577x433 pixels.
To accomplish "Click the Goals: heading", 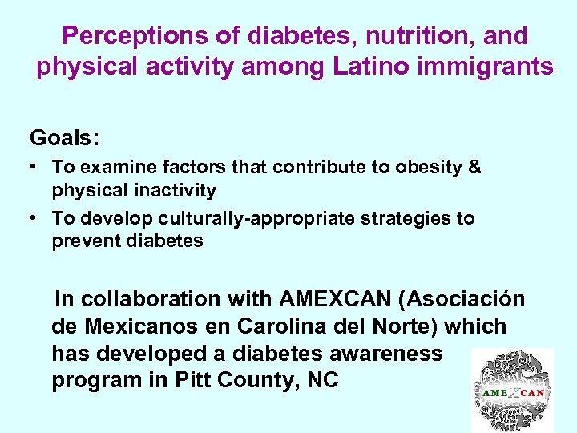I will coord(64,137).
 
